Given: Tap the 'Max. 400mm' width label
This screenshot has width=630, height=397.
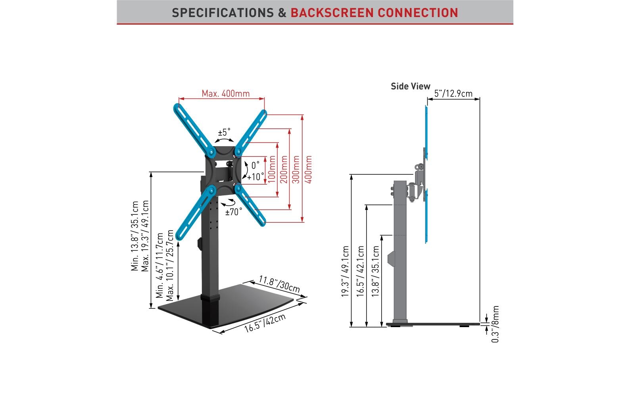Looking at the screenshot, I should (225, 94).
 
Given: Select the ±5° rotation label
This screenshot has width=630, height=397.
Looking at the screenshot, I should (224, 132).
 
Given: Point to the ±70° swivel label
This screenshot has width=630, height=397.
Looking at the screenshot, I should (234, 212).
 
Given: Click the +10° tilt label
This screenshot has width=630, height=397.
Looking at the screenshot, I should (255, 177).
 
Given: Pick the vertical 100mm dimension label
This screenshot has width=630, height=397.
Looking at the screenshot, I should (272, 169).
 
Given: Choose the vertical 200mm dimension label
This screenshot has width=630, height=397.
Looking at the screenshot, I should (284, 169).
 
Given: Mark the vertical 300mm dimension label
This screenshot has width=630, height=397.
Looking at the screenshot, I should (296, 169).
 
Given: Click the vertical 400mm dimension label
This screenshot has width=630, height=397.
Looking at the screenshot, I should (309, 169).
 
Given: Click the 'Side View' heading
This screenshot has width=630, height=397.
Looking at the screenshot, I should (410, 86).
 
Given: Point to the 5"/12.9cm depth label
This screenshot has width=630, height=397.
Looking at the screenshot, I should (453, 94).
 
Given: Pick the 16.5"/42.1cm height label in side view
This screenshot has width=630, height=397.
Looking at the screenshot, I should (360, 271).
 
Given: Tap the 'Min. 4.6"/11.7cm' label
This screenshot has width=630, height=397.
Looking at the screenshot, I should (160, 265).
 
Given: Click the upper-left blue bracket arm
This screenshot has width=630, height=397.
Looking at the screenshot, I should (194, 127).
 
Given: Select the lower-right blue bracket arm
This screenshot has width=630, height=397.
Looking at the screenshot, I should (251, 205).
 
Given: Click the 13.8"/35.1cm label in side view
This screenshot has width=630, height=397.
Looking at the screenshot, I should (375, 271).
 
